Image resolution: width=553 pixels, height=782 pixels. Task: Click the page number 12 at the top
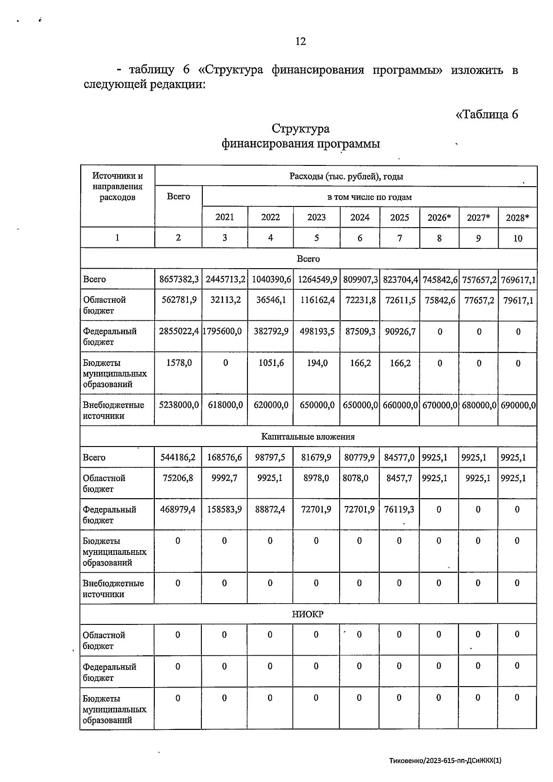(300, 41)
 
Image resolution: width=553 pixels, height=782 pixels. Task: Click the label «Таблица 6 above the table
(487, 114)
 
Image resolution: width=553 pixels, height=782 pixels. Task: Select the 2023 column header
(316, 218)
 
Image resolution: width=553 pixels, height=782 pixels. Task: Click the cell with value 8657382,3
(179, 279)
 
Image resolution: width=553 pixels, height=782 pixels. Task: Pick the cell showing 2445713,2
(225, 279)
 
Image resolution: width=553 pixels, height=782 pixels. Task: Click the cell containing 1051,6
(270, 363)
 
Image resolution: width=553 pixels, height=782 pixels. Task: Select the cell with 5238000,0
(179, 405)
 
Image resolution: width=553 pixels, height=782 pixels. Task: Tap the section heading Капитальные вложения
(308, 436)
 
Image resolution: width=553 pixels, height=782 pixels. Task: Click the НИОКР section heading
(308, 614)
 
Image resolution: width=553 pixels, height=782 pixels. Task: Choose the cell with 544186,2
(178, 458)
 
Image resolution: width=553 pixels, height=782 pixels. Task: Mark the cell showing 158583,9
(224, 510)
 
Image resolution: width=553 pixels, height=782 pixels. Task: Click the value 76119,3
(399, 510)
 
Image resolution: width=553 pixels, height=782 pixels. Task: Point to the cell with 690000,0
(518, 405)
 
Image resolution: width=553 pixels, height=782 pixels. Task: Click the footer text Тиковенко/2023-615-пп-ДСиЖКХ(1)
(445, 761)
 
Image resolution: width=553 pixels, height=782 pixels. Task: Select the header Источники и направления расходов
(118, 187)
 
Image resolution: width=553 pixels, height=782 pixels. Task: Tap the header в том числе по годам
(369, 197)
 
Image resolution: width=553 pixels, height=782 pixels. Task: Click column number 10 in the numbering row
(518, 238)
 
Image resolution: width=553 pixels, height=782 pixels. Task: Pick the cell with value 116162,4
(316, 300)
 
